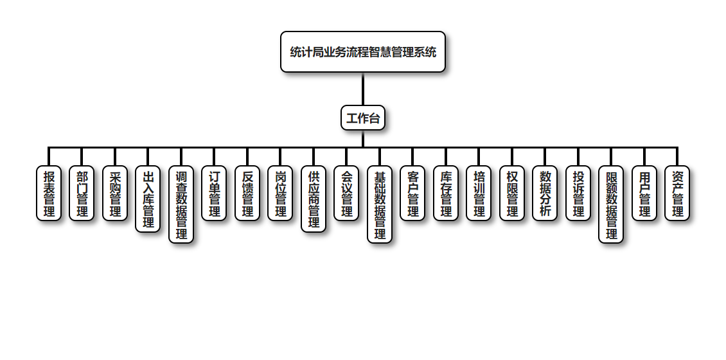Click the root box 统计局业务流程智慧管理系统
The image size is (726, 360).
coord(363,52)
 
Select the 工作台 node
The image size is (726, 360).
coord(363,118)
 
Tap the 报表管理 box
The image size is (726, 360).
coord(49,194)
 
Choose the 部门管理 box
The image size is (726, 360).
coord(82,194)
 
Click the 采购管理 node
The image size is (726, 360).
coord(115,194)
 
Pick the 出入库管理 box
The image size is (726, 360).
coord(148,199)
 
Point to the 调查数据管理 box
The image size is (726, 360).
coord(181,204)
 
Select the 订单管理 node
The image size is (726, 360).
coord(214,194)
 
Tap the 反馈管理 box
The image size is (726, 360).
coord(247,194)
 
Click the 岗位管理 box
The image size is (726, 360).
coord(280,194)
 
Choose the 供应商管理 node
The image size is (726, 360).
coord(314,199)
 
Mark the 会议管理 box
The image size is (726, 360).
coord(346,194)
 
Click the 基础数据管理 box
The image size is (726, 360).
coord(380,204)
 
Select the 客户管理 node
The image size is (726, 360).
coord(412,194)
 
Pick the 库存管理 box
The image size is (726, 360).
coord(446,194)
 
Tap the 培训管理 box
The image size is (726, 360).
coord(479,194)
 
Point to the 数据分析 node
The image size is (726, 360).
coord(545,194)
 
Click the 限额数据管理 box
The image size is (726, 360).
coord(611,204)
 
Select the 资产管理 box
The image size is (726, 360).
coord(677,194)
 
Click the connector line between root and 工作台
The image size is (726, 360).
coord(363,89)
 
